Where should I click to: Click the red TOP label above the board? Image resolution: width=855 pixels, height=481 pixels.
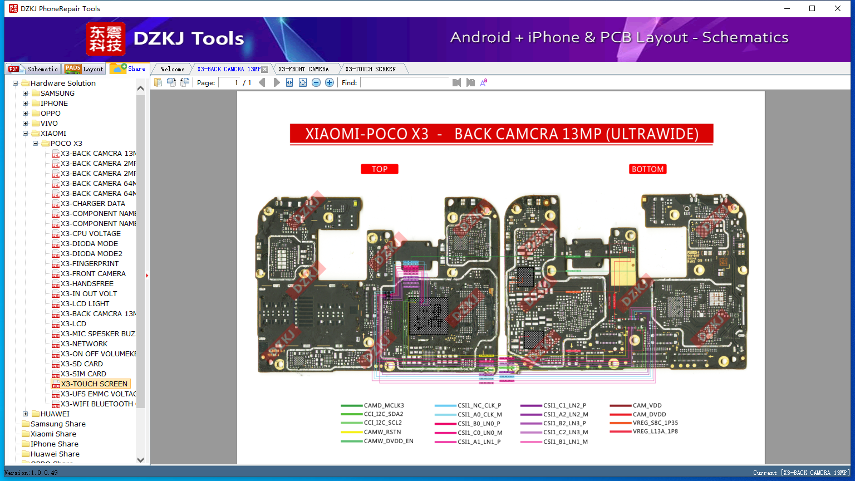click(380, 169)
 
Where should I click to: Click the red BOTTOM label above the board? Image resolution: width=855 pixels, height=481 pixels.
click(647, 169)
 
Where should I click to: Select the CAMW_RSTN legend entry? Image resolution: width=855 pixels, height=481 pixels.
click(382, 432)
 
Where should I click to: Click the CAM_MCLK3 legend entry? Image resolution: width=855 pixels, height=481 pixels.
click(384, 406)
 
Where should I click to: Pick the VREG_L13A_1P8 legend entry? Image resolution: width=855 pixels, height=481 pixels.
click(655, 431)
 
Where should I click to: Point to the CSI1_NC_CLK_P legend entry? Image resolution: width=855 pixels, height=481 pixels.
click(479, 406)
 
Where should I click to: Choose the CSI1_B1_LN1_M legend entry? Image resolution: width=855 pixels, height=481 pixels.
click(565, 442)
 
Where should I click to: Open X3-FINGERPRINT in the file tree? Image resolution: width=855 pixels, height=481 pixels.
click(90, 264)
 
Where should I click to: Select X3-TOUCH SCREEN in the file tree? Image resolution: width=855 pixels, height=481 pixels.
click(94, 384)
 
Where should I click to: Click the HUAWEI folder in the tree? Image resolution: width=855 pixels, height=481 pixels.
click(55, 414)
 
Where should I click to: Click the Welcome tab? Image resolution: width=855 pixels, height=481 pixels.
click(173, 69)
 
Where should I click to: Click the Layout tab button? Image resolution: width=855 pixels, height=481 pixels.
click(85, 69)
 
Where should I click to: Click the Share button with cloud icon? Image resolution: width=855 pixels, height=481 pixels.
click(128, 68)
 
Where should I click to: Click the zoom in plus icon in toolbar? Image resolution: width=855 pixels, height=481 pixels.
click(330, 82)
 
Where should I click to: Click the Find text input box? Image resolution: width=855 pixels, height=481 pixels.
click(404, 82)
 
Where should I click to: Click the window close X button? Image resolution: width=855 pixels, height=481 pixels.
click(837, 8)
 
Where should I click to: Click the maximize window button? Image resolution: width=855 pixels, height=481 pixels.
click(812, 8)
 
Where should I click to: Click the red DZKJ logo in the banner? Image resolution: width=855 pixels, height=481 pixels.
click(106, 39)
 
